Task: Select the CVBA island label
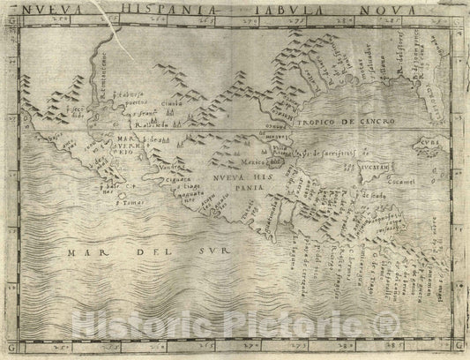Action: tap(435, 140)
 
